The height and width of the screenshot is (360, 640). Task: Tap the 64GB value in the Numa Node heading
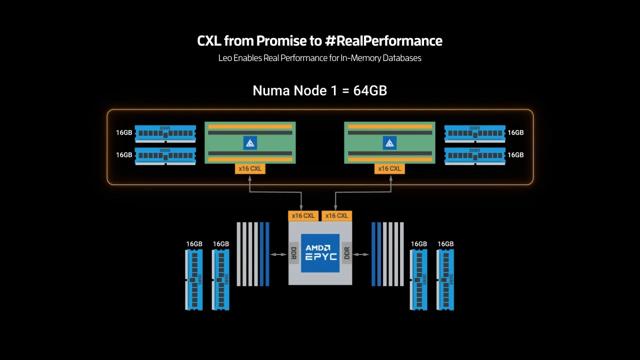(370, 90)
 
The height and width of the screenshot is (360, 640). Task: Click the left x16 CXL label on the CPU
(303, 216)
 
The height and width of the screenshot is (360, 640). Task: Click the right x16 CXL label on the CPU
(336, 216)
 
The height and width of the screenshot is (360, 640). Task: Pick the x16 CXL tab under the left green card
(250, 169)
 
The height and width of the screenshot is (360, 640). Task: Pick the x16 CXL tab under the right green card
(389, 169)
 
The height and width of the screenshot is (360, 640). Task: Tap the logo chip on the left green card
(250, 143)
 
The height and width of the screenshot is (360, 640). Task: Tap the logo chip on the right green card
(389, 143)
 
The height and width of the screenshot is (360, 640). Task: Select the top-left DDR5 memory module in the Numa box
(165, 133)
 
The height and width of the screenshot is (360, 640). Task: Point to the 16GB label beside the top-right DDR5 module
(515, 133)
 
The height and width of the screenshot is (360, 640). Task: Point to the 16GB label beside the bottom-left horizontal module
(124, 155)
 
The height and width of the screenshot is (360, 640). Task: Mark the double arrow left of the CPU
(278, 254)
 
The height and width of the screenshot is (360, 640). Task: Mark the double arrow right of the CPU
(361, 254)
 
